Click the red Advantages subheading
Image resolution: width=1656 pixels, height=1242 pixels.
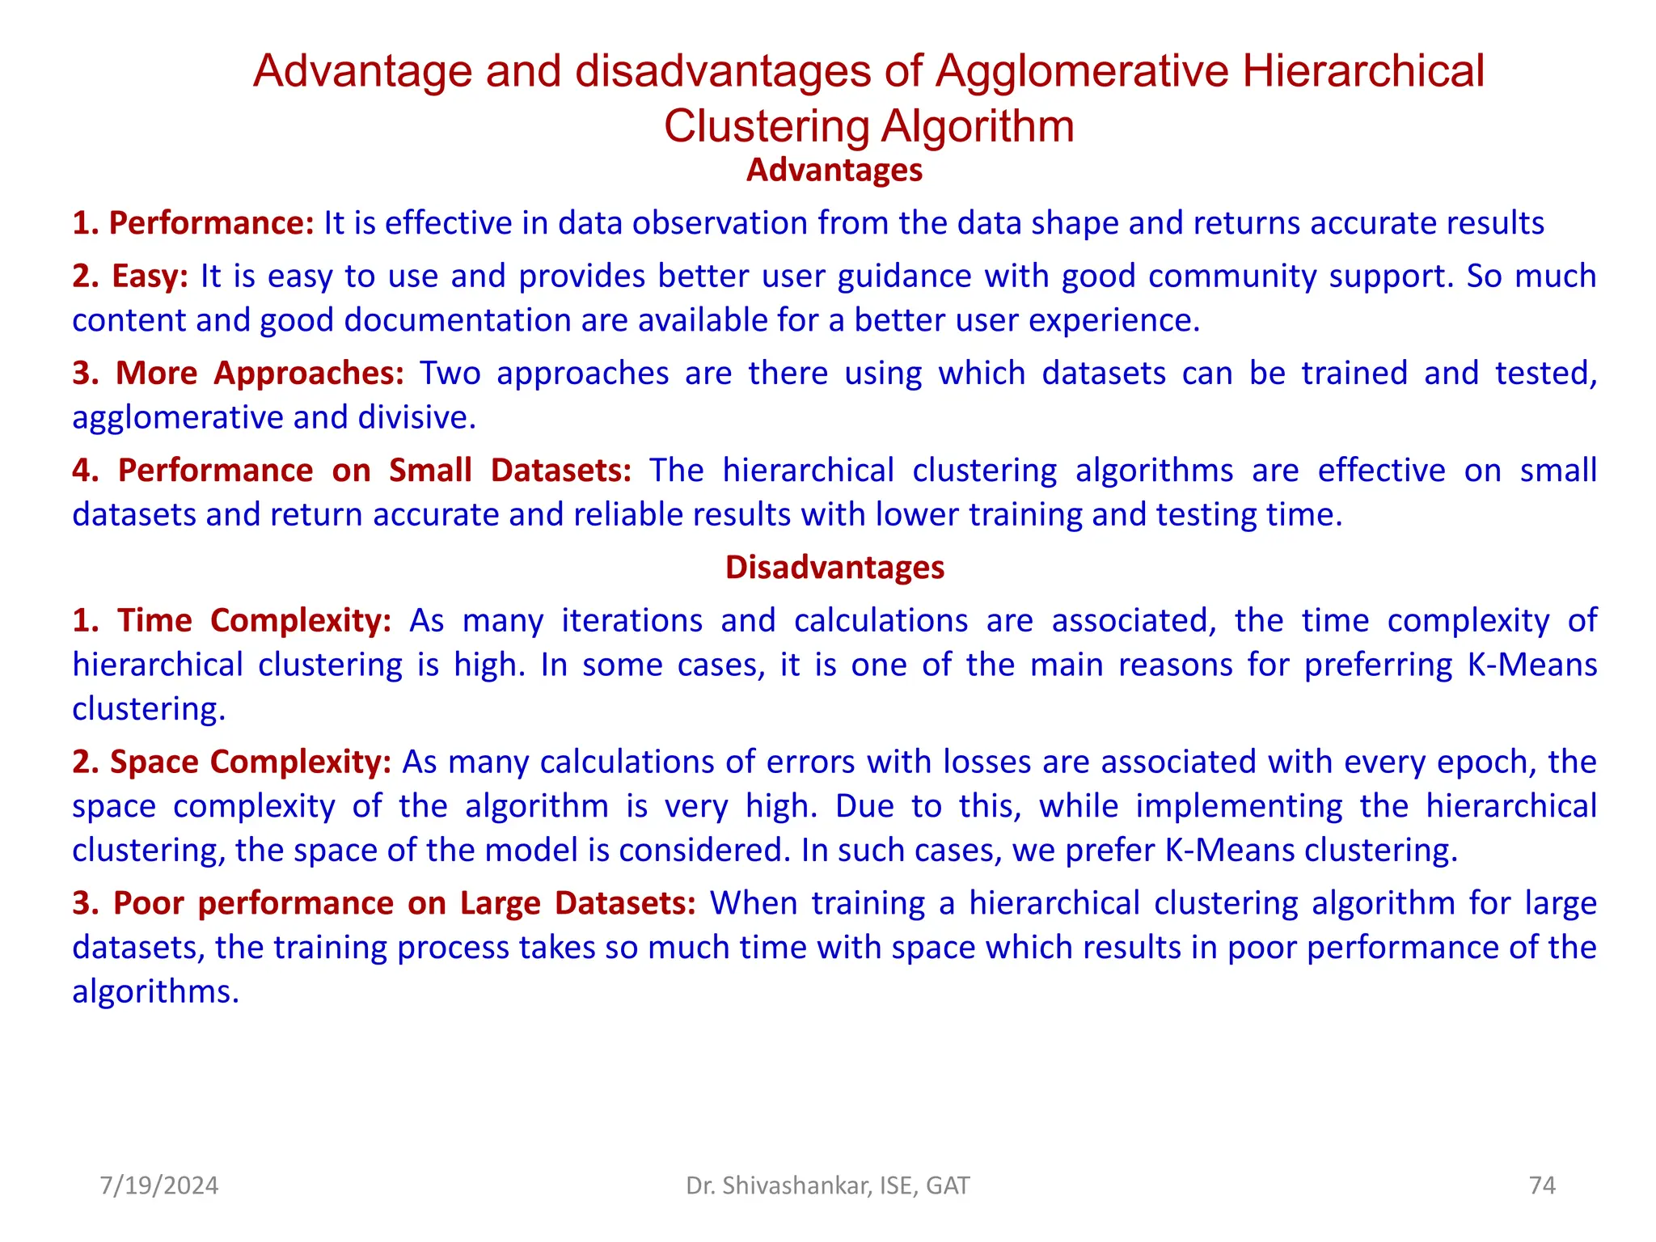pyautogui.click(x=834, y=171)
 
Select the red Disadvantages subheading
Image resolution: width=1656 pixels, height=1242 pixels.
pyautogui.click(x=834, y=568)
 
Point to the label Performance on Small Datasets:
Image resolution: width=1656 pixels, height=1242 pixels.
pyautogui.click(x=352, y=471)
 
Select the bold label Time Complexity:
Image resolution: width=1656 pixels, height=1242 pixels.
pyautogui.click(x=232, y=621)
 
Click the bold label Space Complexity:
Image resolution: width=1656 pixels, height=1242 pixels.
pyautogui.click(x=232, y=763)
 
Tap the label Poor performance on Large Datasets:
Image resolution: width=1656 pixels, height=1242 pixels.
pyautogui.click(x=384, y=904)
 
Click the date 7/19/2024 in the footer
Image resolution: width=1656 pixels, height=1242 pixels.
pyautogui.click(x=159, y=1186)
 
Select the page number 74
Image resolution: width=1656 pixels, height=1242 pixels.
pyautogui.click(x=1542, y=1186)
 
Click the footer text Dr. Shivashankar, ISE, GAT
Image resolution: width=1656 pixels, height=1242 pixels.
pyautogui.click(x=827, y=1186)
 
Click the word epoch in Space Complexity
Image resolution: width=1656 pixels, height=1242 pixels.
pyautogui.click(x=1482, y=763)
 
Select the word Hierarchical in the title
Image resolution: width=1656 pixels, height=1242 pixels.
pyautogui.click(x=1363, y=71)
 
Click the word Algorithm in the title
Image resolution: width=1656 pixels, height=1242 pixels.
pyautogui.click(x=977, y=127)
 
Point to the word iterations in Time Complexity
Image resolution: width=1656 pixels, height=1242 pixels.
pyautogui.click(x=632, y=621)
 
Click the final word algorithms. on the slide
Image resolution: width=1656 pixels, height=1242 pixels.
pyautogui.click(x=155, y=992)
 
